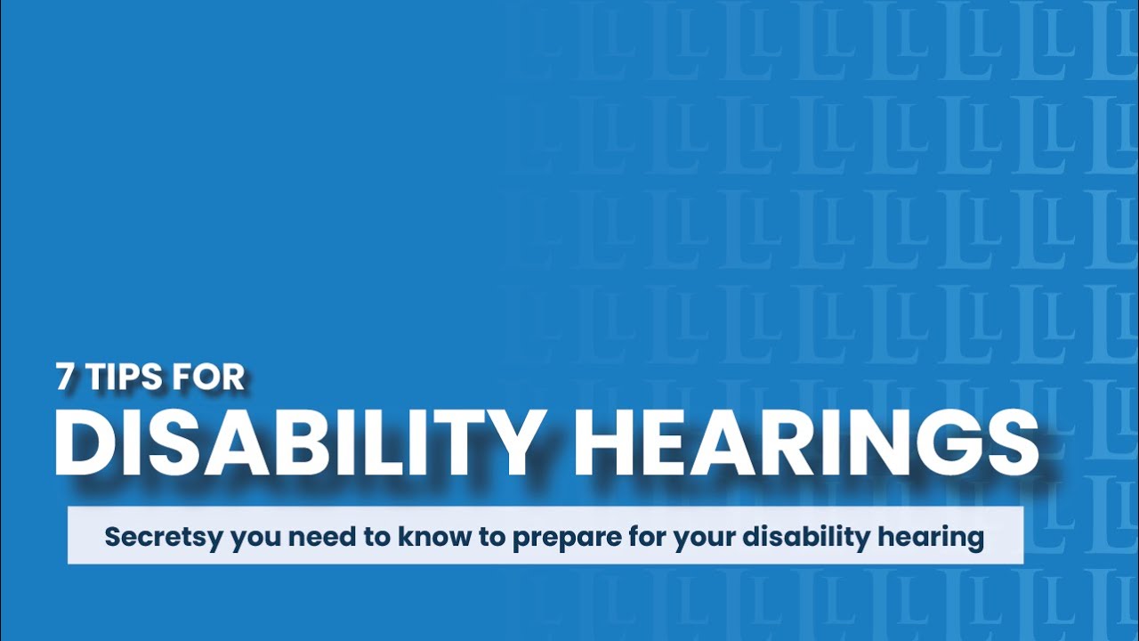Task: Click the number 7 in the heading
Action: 65,377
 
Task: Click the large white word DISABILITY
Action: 300,442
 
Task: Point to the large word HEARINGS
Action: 806,442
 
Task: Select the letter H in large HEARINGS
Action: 602,442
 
